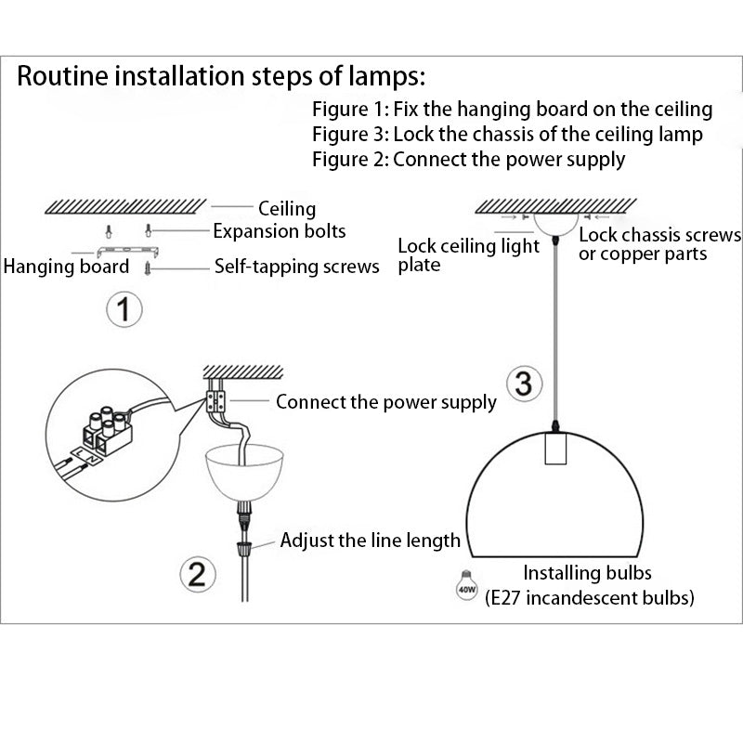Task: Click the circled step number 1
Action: click(x=124, y=309)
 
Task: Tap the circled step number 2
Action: click(x=197, y=575)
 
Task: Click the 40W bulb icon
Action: click(x=467, y=584)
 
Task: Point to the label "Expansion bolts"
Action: click(x=280, y=231)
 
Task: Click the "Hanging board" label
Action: click(x=66, y=267)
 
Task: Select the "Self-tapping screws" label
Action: click(x=296, y=267)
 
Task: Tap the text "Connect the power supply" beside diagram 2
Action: click(x=385, y=403)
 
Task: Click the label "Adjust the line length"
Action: click(x=370, y=541)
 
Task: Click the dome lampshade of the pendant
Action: click(x=556, y=502)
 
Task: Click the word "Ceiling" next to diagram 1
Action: click(x=287, y=209)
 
